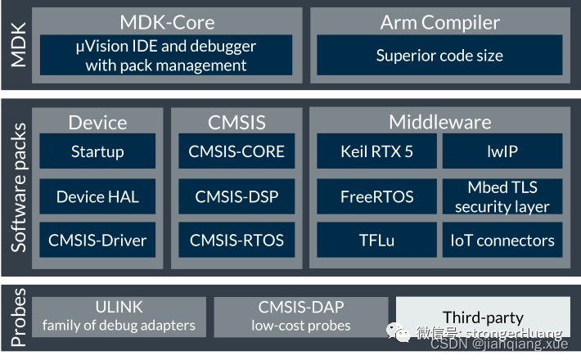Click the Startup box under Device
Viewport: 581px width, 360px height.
coord(97,151)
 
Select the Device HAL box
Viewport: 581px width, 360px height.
coord(97,196)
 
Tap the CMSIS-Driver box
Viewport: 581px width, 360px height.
coord(97,241)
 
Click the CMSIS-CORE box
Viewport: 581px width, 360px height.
coord(236,151)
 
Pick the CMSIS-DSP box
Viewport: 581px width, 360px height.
coord(236,196)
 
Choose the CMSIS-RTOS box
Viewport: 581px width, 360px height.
coord(236,241)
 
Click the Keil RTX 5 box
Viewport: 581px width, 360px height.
coord(376,151)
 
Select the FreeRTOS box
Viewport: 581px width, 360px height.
coord(376,196)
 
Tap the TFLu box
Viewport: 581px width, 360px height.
coord(376,241)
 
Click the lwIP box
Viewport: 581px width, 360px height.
coord(502,151)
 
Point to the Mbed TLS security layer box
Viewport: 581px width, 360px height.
coord(502,196)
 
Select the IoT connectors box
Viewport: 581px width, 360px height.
coord(502,241)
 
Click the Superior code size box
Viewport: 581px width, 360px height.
coord(439,56)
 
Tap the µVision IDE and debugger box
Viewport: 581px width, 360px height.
coord(166,56)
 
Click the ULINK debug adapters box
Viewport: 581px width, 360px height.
coord(119,316)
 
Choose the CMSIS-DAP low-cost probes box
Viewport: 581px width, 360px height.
coord(301,316)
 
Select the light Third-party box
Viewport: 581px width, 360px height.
coord(483,316)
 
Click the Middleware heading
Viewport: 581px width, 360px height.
coord(439,123)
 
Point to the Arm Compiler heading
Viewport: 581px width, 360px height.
coord(439,22)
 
